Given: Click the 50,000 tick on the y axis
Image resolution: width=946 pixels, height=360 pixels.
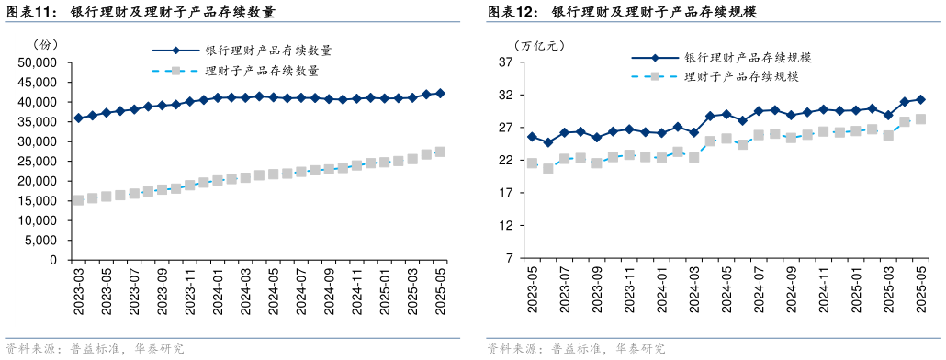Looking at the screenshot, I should pyautogui.click(x=39, y=62).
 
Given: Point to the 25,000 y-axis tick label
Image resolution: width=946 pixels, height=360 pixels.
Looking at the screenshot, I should pyautogui.click(x=39, y=162).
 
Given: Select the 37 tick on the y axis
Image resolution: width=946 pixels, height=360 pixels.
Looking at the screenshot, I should pyautogui.click(x=506, y=62).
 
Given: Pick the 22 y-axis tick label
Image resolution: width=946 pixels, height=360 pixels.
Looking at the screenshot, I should pyautogui.click(x=506, y=161).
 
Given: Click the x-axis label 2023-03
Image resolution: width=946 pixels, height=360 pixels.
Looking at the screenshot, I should pyautogui.click(x=79, y=290).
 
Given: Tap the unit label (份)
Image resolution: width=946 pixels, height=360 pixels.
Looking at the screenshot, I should pyautogui.click(x=45, y=44).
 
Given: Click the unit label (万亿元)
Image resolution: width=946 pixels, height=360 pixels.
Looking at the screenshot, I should pyautogui.click(x=534, y=44).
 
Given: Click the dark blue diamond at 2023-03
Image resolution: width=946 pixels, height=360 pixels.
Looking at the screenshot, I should pyautogui.click(x=78, y=118).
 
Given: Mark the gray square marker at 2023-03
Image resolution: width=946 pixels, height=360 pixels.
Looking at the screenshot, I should pyautogui.click(x=78, y=199).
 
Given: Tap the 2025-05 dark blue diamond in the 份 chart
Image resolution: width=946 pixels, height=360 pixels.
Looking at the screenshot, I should pyautogui.click(x=440, y=93).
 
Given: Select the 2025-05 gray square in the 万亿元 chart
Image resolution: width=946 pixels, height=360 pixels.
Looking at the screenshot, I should pyautogui.click(x=920, y=119).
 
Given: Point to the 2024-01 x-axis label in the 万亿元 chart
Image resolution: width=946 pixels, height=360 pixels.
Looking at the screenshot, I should pyautogui.click(x=661, y=290).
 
